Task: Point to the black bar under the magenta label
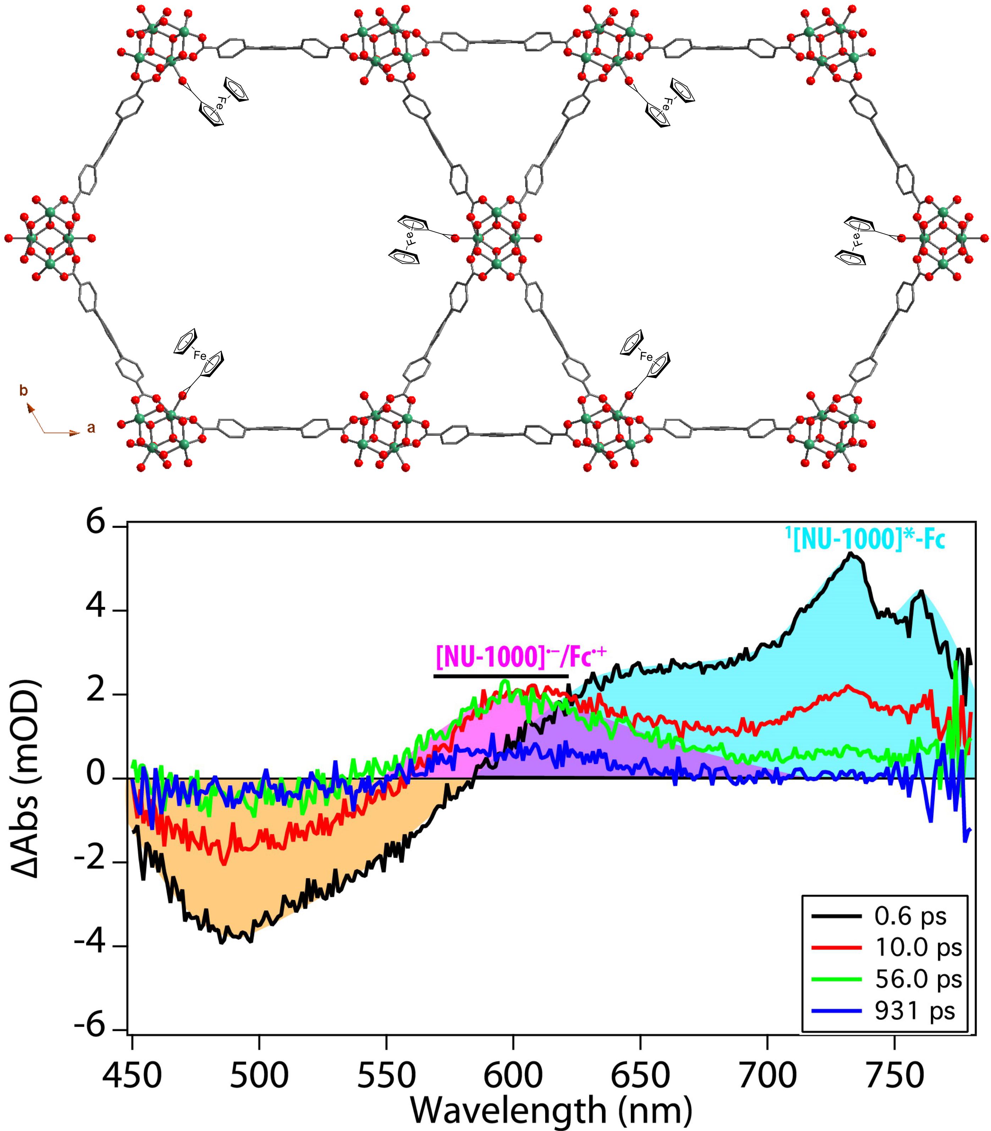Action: (501, 676)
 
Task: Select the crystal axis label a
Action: (91, 428)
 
